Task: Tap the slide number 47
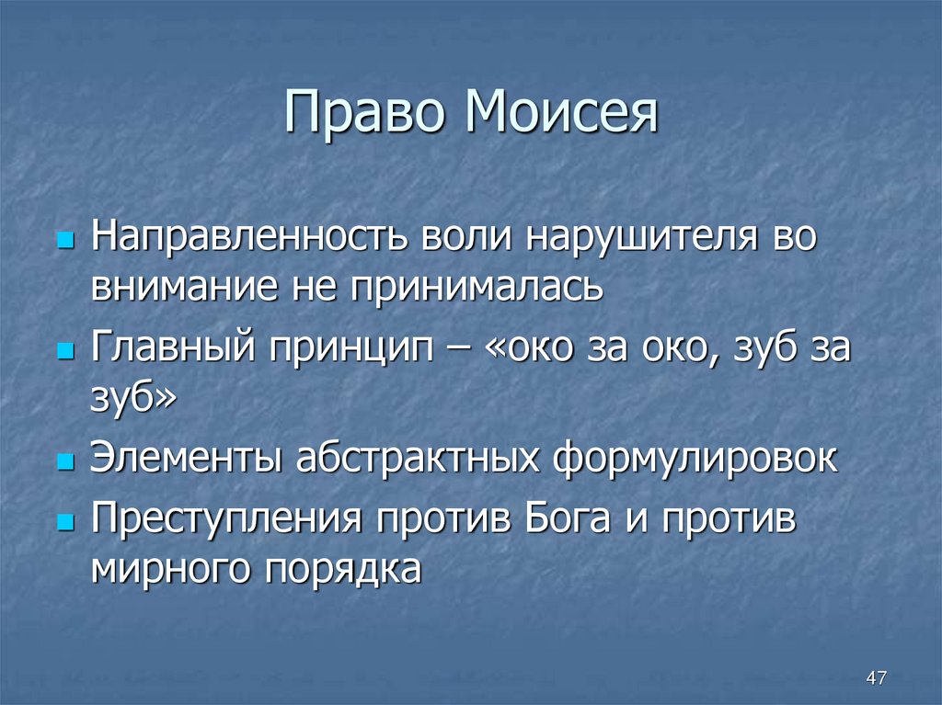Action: tap(877, 678)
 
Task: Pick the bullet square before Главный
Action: tap(64, 352)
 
